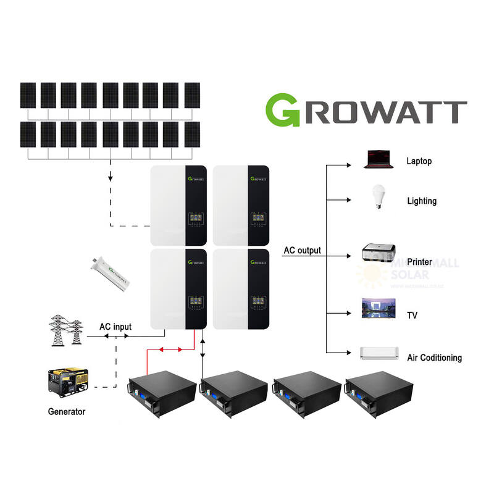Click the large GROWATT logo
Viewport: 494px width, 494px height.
point(366,111)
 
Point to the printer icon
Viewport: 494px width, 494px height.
point(378,254)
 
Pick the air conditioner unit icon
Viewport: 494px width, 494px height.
point(379,353)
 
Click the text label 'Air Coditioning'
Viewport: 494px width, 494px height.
point(434,358)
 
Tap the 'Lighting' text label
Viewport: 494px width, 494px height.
point(421,201)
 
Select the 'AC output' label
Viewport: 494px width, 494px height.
point(302,251)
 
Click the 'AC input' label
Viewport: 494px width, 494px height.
point(115,326)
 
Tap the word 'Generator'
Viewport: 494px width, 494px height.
point(67,411)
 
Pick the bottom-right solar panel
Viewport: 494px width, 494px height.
point(192,134)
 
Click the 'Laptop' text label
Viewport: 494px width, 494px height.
point(419,161)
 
